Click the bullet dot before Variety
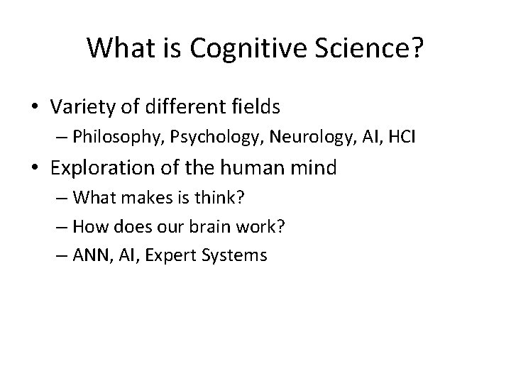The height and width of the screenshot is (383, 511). click(35, 108)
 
